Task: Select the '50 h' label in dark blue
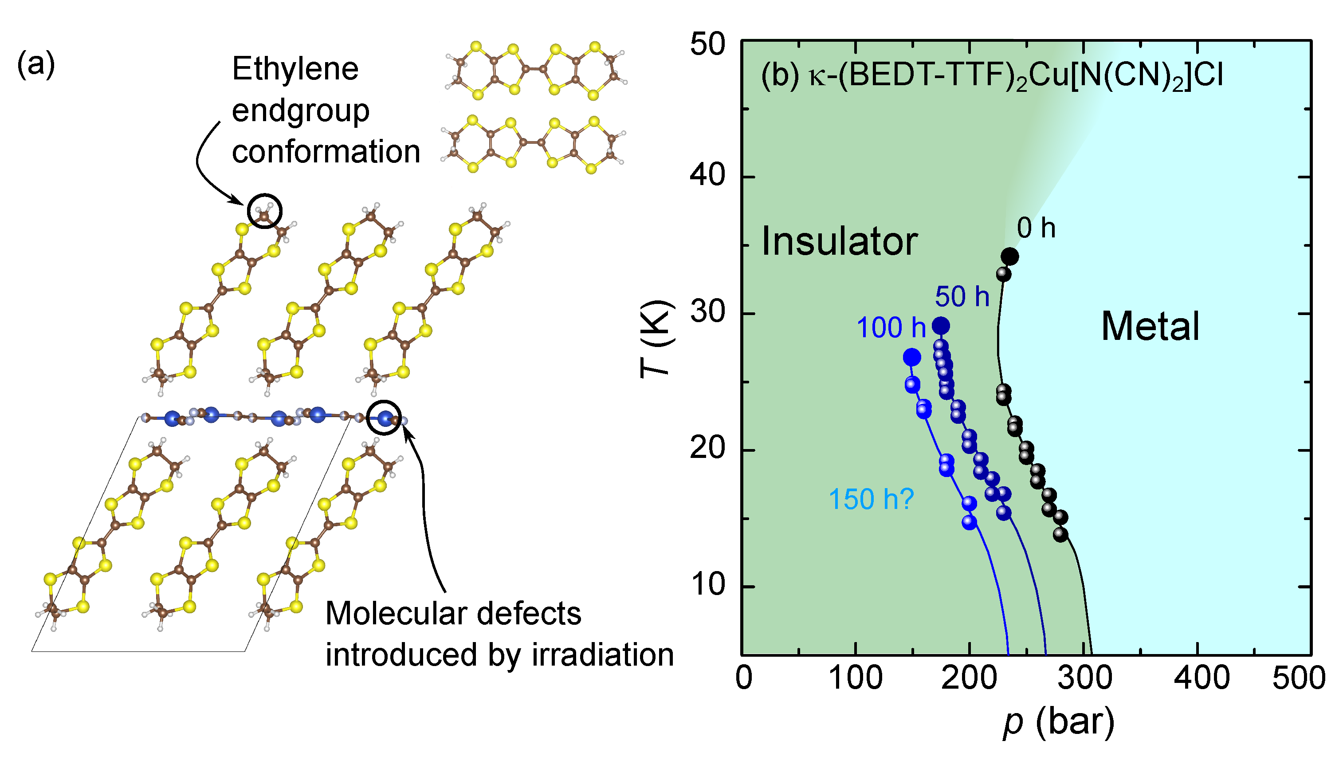tap(962, 297)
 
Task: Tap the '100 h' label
tap(891, 328)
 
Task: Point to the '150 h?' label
tap(871, 499)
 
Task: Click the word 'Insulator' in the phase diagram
tap(840, 242)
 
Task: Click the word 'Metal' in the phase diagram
tap(1151, 327)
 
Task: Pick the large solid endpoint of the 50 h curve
tap(941, 326)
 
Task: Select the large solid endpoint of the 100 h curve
tap(912, 357)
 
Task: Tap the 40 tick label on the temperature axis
tap(707, 175)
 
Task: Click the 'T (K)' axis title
tap(656, 339)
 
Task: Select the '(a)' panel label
tap(36, 66)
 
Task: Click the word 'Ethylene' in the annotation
tap(295, 69)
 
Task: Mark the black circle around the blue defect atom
tap(384, 418)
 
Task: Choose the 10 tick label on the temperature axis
tap(707, 585)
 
